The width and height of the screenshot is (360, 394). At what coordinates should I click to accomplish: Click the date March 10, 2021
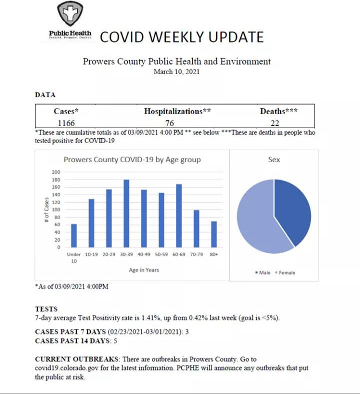(176, 72)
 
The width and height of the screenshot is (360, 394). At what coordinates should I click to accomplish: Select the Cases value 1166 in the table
(66, 122)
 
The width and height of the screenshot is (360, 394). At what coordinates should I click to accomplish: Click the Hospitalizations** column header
(177, 111)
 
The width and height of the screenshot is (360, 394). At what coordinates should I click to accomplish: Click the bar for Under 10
(74, 235)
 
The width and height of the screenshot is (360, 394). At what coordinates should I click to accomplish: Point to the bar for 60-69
(178, 216)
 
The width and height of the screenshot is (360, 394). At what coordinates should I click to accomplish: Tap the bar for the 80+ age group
(214, 234)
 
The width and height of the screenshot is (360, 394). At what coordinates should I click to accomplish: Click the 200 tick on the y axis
(56, 172)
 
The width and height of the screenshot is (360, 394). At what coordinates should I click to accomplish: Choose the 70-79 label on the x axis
(196, 254)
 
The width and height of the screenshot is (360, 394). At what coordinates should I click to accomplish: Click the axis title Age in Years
(144, 270)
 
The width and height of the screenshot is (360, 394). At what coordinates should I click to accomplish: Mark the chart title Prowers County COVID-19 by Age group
(132, 160)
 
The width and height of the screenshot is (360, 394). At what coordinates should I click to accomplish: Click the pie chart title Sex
(274, 160)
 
